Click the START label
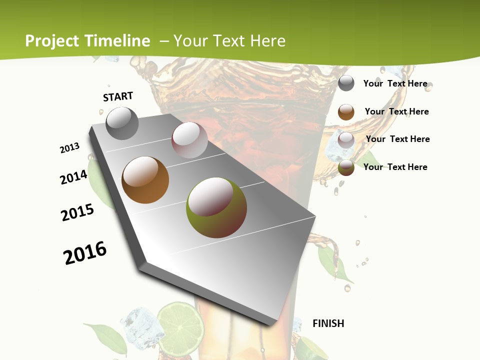(x=118, y=96)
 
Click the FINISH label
(x=328, y=323)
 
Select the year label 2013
(x=69, y=148)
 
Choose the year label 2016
(x=85, y=253)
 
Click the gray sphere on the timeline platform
(x=122, y=123)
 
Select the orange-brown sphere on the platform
(x=145, y=180)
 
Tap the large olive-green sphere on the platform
(x=216, y=207)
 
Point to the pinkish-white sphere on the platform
(x=189, y=140)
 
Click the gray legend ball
(x=346, y=83)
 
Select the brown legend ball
(x=346, y=112)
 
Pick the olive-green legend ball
(x=346, y=167)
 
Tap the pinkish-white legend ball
(x=346, y=140)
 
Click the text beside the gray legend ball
(x=395, y=83)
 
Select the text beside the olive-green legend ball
(x=395, y=167)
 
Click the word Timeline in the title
(x=117, y=41)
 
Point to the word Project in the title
(x=52, y=41)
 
